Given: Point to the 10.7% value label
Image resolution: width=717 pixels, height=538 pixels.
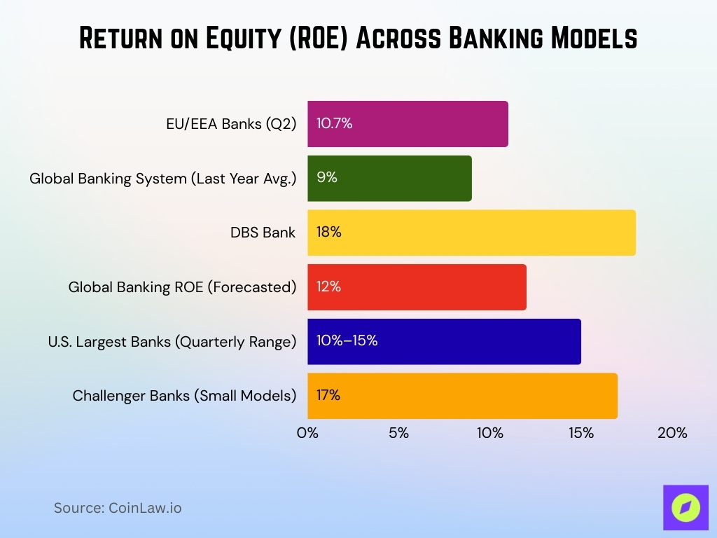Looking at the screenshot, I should [x=334, y=124].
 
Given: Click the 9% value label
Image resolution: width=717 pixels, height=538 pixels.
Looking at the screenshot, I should [x=327, y=178].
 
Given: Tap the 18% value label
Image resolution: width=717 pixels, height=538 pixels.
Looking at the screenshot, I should [x=329, y=233].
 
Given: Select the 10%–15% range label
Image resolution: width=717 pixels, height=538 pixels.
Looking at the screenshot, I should [x=347, y=341].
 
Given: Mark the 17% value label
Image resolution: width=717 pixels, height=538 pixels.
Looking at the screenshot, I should [x=328, y=396].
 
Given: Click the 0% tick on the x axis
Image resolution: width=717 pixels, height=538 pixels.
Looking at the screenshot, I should [x=307, y=433].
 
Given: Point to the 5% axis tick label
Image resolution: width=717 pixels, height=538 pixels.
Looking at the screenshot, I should [x=398, y=433].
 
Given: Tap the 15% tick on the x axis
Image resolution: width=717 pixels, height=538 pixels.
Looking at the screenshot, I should [x=581, y=433].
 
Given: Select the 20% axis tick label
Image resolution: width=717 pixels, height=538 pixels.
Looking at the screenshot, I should [x=672, y=433].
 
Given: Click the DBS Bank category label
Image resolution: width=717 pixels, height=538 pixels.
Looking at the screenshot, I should [x=263, y=233].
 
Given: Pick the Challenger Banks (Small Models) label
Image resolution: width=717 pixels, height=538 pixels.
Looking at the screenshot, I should [x=184, y=396].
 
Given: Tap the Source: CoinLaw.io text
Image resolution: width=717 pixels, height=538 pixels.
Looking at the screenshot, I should [x=118, y=508].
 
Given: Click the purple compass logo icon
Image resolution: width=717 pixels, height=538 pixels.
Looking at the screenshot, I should [x=685, y=507].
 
